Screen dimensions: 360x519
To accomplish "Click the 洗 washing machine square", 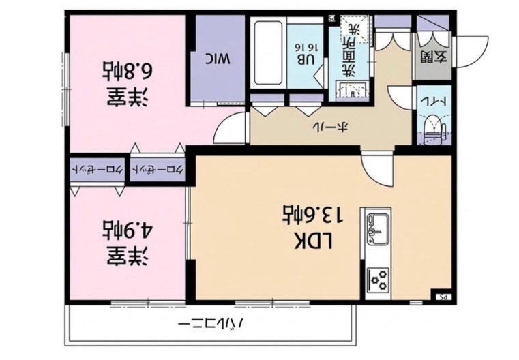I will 355,29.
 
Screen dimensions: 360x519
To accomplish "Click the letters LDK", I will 313,241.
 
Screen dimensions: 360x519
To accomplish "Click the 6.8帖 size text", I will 128,70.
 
